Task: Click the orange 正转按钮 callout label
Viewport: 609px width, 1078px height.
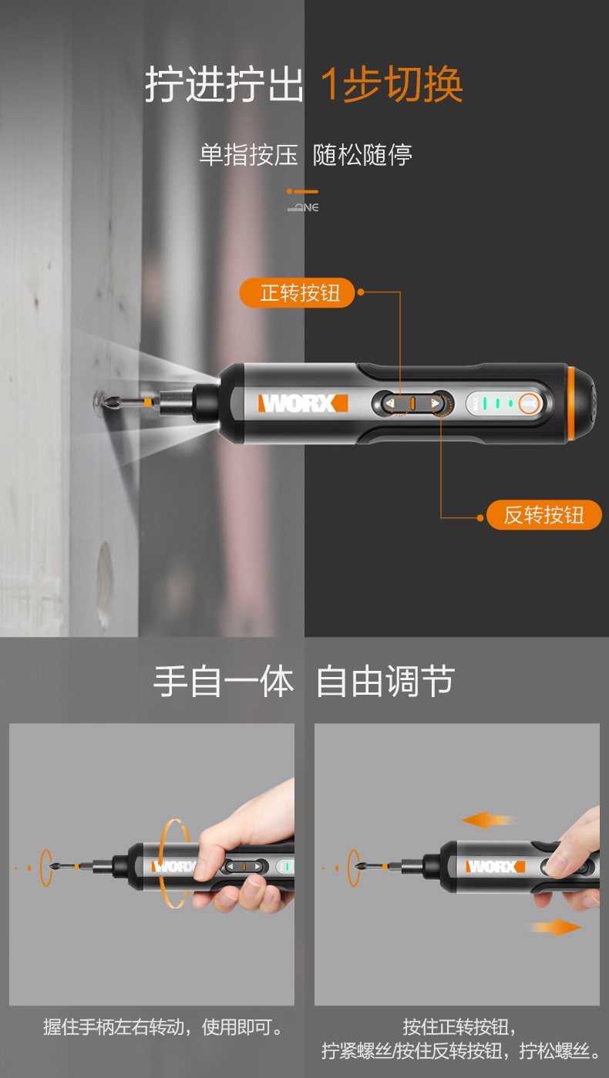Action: [x=297, y=292]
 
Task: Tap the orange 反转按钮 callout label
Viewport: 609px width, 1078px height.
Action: [x=543, y=515]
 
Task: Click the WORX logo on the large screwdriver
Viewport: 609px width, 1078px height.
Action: [x=303, y=403]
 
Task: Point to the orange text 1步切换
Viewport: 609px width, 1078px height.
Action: [x=392, y=84]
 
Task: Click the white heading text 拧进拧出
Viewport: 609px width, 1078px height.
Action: [x=224, y=84]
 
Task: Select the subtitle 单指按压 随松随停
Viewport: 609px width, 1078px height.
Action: [x=306, y=155]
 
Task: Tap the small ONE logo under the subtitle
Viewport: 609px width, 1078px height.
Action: [x=303, y=207]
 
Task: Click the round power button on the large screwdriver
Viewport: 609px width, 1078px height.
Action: [x=529, y=404]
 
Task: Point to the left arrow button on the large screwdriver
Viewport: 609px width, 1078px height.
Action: [x=391, y=403]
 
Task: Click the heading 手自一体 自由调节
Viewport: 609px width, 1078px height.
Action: [x=304, y=681]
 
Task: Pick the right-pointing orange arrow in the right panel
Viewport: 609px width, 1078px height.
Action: [x=556, y=927]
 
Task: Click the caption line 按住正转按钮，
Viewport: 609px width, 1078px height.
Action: [x=459, y=1027]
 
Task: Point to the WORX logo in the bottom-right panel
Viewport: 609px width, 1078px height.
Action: [x=495, y=867]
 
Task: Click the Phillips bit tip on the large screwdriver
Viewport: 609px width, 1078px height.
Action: [x=115, y=401]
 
